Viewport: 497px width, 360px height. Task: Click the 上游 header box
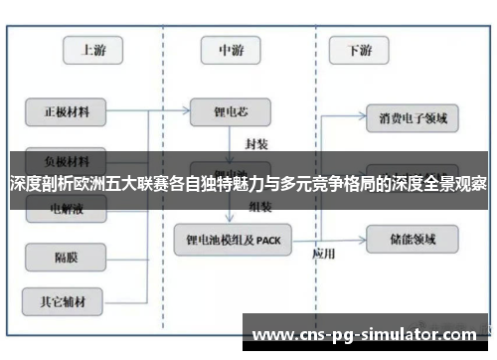tap(93, 50)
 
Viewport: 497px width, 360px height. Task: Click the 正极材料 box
tap(66, 111)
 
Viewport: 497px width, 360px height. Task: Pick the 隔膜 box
tap(66, 258)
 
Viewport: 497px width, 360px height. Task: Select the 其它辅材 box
tap(66, 297)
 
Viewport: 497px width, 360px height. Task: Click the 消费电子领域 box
tap(412, 118)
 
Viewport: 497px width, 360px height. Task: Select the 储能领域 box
tap(412, 239)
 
